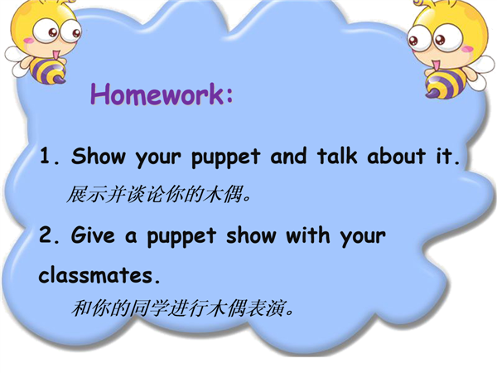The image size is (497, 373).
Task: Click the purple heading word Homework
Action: coord(157,94)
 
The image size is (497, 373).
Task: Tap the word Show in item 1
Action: coord(99,156)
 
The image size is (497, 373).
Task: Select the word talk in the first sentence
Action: coord(337,156)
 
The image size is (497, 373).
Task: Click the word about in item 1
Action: coord(396,156)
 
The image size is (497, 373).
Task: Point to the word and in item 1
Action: coord(288,156)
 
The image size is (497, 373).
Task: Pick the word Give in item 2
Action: coord(93,235)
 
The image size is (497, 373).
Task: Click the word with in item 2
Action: coord(308,235)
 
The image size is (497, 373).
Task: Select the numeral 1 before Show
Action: coord(45,156)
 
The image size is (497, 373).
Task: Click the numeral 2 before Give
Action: coord(46,235)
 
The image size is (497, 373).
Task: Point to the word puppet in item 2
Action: coord(181,237)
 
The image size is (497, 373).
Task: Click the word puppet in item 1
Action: coord(225,157)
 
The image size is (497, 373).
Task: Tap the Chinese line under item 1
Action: coord(159,194)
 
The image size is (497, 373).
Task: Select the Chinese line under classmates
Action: coord(182,308)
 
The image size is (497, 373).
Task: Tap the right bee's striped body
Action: coord(444,83)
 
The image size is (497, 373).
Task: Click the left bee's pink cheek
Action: coord(28,41)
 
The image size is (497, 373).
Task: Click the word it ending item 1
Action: coord(443,156)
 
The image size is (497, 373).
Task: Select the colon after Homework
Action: coord(229,95)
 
